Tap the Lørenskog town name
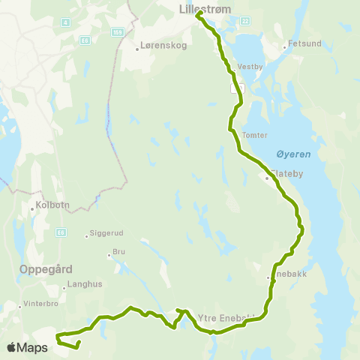[159, 47]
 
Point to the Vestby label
[250, 66]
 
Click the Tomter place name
[255, 136]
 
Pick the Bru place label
[118, 253]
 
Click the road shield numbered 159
[117, 32]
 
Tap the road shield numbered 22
[245, 21]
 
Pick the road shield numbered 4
[66, 22]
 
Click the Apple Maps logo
[26, 347]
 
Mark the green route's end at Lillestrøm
[198, 13]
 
